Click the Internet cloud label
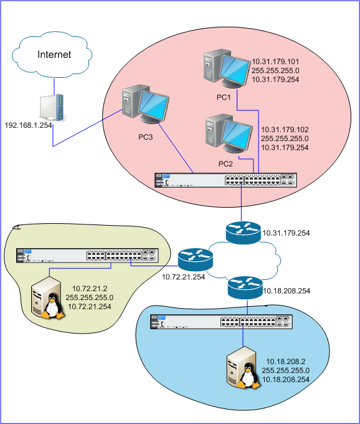(x=54, y=55)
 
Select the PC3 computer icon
(x=144, y=105)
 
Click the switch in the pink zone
(x=226, y=180)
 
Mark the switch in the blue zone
(x=221, y=322)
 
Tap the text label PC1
(x=224, y=98)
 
